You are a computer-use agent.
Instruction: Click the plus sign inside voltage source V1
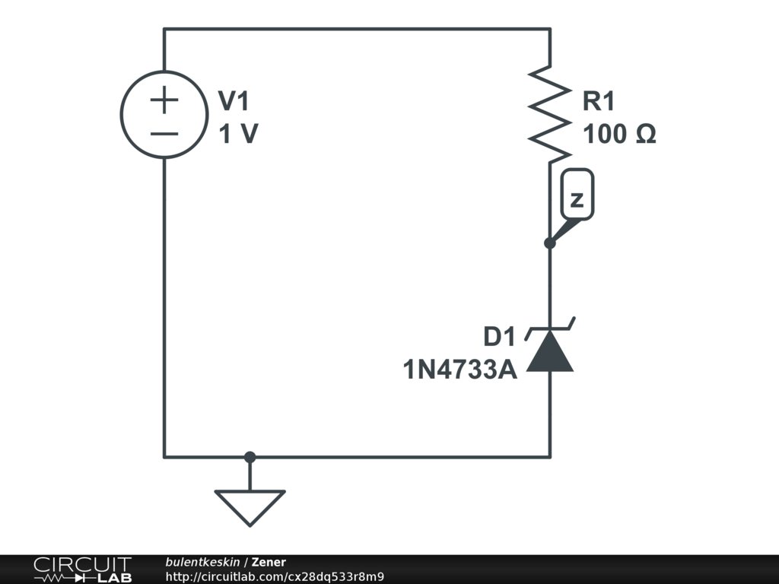[164, 100]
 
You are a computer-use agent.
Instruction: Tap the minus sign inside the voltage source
[164, 134]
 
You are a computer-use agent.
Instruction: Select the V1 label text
[233, 100]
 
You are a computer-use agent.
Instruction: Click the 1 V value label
[238, 135]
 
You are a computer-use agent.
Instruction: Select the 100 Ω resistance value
[619, 135]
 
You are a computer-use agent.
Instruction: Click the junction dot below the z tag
[550, 243]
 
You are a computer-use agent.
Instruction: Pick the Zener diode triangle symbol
[550, 354]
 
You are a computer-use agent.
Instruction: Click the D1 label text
[500, 336]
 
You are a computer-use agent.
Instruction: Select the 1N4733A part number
[459, 370]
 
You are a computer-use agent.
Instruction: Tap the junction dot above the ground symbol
[250, 457]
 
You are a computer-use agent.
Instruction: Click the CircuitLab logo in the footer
[82, 569]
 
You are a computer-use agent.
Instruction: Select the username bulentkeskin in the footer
[202, 562]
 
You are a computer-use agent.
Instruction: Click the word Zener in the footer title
[269, 562]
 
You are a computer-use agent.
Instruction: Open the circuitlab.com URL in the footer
[275, 576]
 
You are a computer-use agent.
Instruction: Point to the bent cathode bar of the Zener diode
[550, 329]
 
